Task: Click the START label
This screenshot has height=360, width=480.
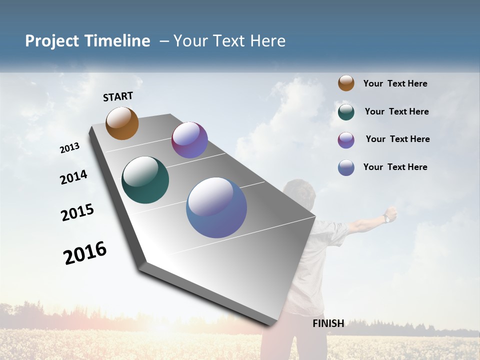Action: [118, 96]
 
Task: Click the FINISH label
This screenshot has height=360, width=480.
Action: [328, 323]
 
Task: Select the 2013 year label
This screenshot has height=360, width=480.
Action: [69, 148]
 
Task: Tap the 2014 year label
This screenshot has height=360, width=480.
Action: [73, 177]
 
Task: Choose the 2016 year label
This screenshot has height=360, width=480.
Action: [85, 252]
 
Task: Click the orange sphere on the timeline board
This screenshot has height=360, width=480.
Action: [122, 123]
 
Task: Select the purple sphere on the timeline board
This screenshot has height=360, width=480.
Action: [189, 140]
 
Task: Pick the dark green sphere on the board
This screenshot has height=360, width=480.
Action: [145, 180]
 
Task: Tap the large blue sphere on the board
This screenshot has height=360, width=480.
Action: [216, 207]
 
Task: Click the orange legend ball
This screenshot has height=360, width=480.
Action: [346, 83]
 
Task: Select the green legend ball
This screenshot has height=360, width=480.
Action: [346, 112]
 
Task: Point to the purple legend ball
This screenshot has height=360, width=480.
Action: [346, 140]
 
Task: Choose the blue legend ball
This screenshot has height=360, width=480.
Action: [346, 167]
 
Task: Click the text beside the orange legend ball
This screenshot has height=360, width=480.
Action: [395, 83]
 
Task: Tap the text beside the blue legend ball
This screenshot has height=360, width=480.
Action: [395, 167]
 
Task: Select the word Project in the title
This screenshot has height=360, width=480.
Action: [52, 41]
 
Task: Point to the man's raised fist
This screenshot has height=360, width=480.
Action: [391, 213]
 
